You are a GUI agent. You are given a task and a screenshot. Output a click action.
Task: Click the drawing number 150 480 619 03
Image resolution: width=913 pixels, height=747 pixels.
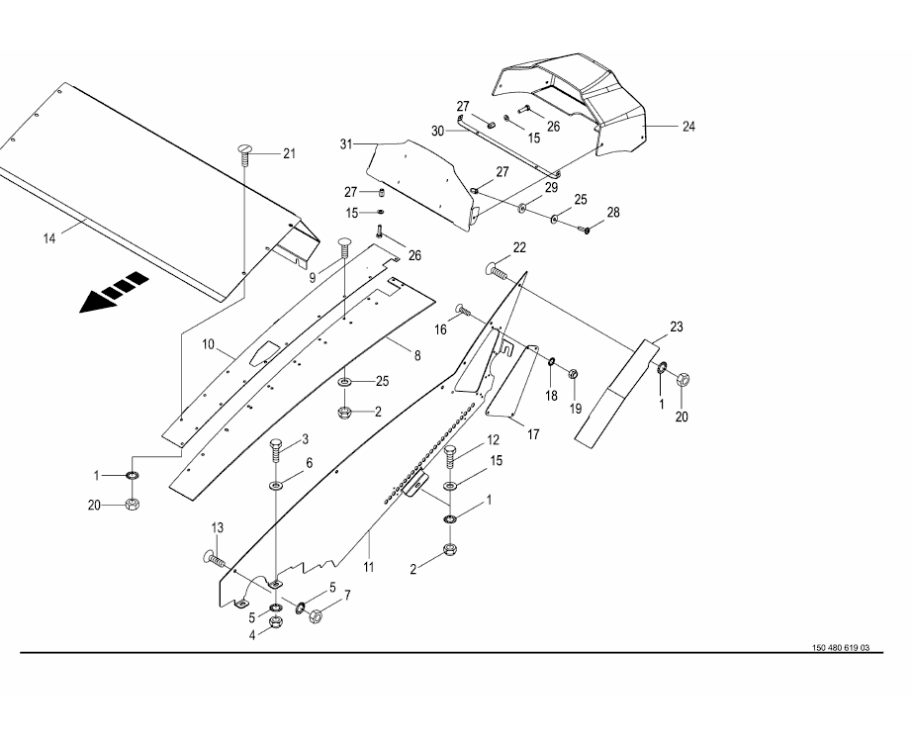pos(841,647)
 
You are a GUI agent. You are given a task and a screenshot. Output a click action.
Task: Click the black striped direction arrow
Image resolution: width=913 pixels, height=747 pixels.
pos(116,293)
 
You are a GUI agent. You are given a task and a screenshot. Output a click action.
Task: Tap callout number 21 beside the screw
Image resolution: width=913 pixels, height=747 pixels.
pos(289,152)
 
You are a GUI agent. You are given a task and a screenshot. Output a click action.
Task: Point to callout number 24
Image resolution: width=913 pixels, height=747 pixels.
pos(688,127)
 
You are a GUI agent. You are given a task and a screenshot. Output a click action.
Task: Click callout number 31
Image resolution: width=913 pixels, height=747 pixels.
pos(346,143)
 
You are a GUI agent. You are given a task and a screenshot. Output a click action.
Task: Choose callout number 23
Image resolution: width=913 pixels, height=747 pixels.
pos(676,327)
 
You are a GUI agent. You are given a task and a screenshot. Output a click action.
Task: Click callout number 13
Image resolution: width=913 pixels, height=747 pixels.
pos(219,527)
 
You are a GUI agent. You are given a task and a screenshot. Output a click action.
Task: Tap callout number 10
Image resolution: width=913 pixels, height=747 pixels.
pos(209,344)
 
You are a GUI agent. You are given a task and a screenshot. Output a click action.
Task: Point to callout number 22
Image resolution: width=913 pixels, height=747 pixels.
pos(518,246)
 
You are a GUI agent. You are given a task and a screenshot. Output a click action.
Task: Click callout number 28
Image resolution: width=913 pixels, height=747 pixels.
pos(613,213)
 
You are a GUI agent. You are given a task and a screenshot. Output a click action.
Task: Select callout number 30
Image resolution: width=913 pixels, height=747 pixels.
pos(437,132)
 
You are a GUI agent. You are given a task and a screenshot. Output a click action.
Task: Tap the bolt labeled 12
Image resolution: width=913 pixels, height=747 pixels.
pos(451,456)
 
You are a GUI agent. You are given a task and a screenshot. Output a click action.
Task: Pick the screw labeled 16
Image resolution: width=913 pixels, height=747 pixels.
pos(462,310)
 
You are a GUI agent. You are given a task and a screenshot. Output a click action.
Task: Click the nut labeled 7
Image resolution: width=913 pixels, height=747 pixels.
pos(317,616)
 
